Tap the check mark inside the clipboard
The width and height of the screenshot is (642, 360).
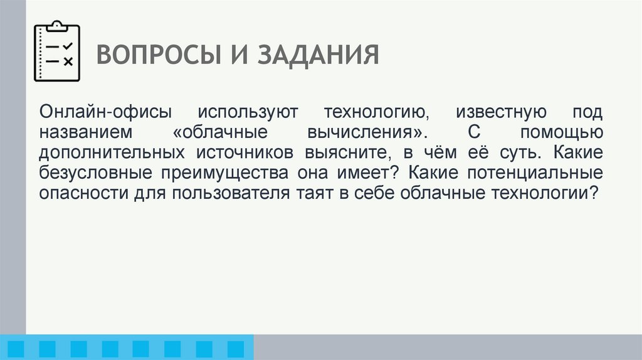coord(69,45)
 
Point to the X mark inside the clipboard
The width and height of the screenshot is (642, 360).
coord(69,61)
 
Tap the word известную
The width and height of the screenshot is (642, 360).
coord(497,114)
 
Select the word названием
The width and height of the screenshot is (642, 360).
coord(85,134)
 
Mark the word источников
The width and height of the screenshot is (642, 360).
coord(246,154)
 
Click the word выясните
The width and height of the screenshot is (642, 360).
coord(347,154)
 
